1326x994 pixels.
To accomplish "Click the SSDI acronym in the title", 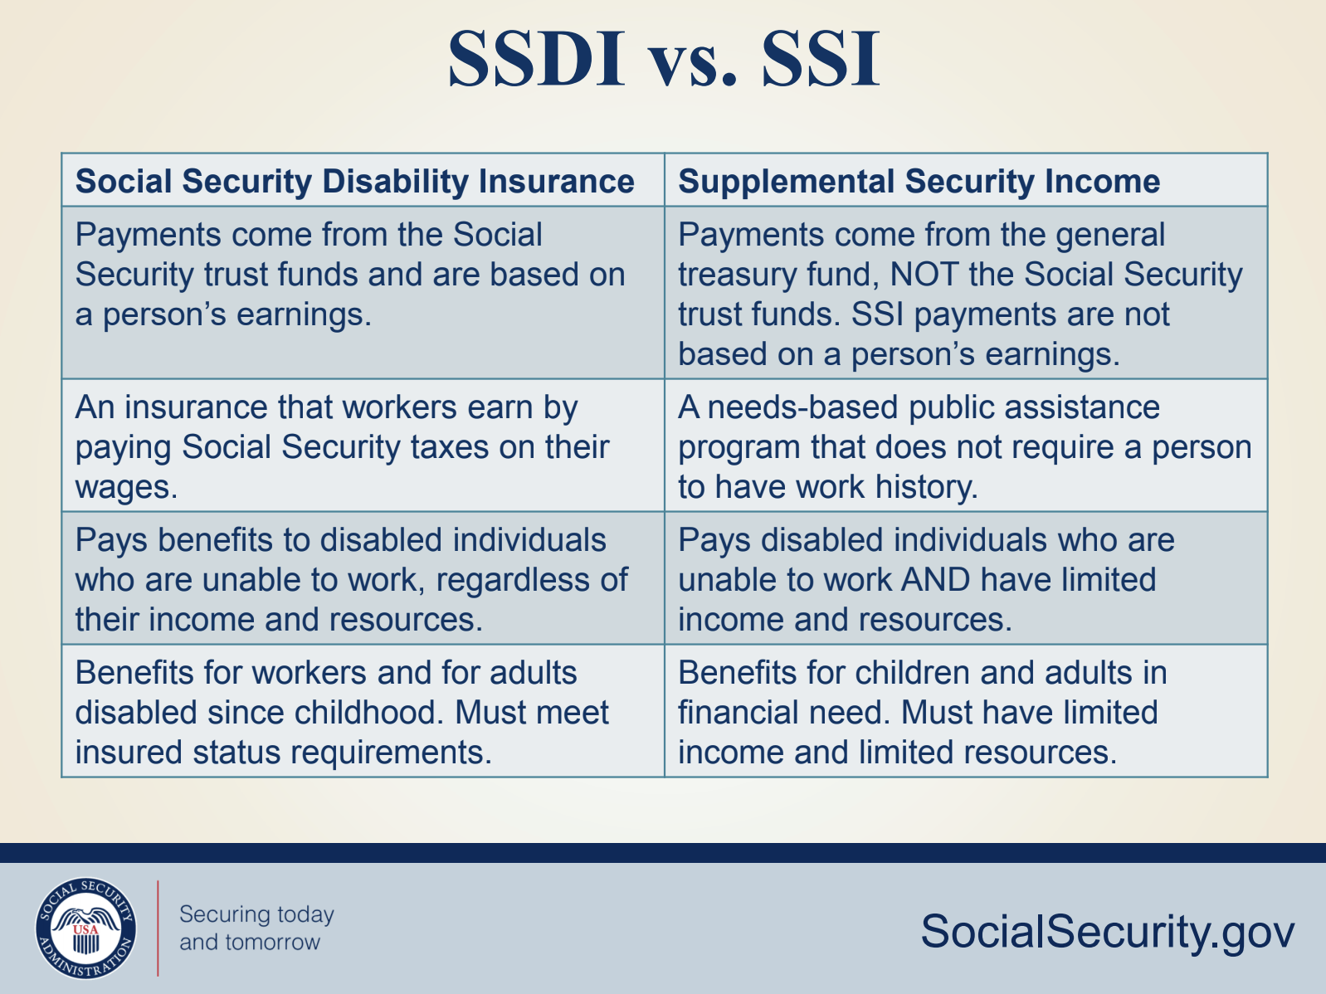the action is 536,59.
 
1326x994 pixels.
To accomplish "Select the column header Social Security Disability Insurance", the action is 354,181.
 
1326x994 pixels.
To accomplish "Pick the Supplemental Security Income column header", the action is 919,181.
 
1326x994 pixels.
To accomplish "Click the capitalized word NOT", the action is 924,274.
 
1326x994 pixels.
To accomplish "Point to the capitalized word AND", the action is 935,580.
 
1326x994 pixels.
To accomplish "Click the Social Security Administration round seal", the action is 85,928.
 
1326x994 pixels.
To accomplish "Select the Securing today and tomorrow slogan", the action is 256,928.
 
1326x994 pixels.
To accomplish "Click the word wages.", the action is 126,487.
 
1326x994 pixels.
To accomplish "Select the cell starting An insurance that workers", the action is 363,446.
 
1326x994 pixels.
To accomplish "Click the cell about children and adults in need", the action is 966,711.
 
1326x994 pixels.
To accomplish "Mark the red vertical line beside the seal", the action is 158,928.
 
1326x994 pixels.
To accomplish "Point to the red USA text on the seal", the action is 85,929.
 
